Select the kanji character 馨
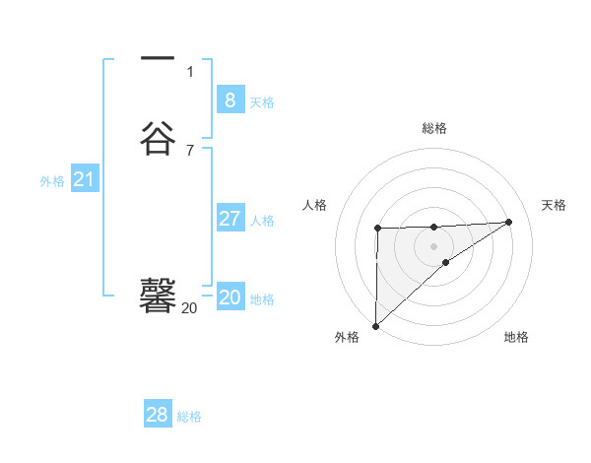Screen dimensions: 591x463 (x=158, y=295)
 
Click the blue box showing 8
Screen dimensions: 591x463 (x=230, y=99)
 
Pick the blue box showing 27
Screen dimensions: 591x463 (x=230, y=218)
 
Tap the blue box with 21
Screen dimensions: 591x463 (x=84, y=179)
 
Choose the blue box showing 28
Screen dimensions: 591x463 (x=158, y=415)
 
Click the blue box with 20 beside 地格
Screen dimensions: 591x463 (x=230, y=298)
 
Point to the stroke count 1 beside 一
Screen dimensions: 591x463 (x=190, y=71)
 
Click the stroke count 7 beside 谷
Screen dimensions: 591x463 (x=190, y=150)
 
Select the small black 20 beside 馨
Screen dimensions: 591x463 (x=189, y=308)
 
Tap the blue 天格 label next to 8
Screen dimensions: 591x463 (x=262, y=102)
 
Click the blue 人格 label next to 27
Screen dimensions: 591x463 (x=262, y=221)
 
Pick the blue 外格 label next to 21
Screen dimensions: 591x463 (x=52, y=181)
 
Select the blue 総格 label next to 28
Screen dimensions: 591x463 (x=189, y=418)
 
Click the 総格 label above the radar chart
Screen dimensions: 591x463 (x=433, y=128)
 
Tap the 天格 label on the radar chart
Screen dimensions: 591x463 (x=554, y=205)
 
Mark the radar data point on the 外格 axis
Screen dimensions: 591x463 (x=375, y=326)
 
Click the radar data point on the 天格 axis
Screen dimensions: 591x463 (x=509, y=222)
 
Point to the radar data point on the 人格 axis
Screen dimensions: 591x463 (x=378, y=229)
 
